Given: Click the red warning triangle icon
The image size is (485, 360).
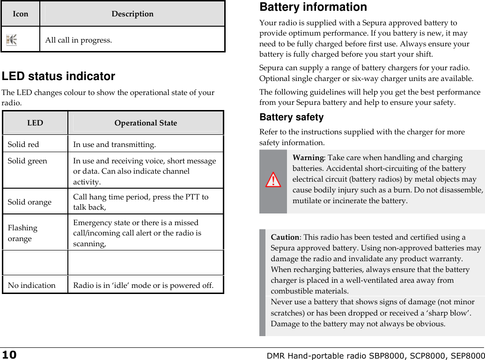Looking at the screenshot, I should [273, 180].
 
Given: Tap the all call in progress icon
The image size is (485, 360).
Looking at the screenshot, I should [11, 40].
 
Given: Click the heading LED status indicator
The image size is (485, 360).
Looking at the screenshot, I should [59, 76].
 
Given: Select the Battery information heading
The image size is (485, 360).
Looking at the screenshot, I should [313, 7].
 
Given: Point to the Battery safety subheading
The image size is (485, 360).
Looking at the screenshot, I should [291, 117].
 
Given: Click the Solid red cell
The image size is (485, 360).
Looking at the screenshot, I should [23, 144].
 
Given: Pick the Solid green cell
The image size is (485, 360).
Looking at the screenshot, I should [27, 161].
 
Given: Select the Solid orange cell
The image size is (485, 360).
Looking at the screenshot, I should [29, 202].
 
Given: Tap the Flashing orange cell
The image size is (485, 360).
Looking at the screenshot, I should [22, 233].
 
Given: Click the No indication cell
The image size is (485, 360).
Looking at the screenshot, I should [31, 285].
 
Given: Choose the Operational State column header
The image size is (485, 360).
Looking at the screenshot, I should [146, 123].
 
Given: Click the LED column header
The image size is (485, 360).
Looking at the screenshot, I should [35, 123].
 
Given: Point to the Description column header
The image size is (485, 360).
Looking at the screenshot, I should [132, 14].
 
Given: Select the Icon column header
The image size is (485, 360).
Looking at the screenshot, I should [20, 14].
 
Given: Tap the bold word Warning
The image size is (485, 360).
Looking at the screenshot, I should [308, 158].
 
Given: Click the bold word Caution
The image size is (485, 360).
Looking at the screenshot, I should [285, 237].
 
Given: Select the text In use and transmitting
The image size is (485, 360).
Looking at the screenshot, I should [114, 144].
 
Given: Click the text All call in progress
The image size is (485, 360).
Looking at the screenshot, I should [78, 40].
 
